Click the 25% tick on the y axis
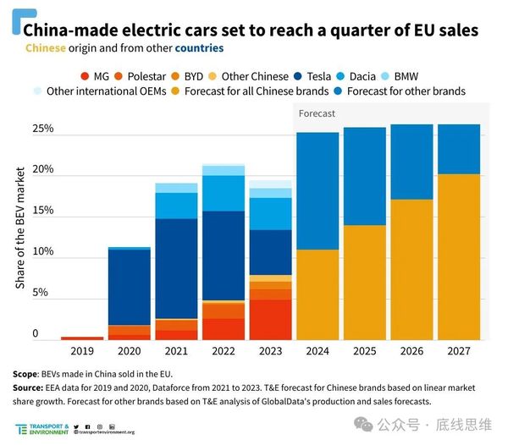(43, 129)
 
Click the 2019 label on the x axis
(82, 349)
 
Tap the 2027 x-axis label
(458, 349)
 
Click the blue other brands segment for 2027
(458, 149)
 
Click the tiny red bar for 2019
(82, 338)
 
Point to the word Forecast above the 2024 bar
(317, 113)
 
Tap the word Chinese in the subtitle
(46, 48)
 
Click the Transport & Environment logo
(41, 429)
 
